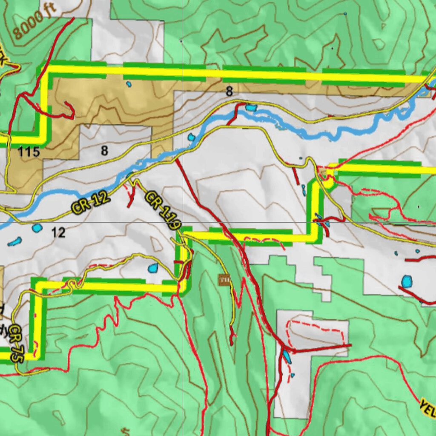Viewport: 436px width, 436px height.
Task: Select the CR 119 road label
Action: [163, 210]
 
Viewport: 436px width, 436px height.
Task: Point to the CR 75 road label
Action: [16, 344]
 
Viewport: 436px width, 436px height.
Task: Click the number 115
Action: [29, 152]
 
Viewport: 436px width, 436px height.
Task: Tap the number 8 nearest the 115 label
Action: [104, 150]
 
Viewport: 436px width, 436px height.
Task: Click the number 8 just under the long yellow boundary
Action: [229, 91]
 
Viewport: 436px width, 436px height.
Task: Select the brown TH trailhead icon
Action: [224, 280]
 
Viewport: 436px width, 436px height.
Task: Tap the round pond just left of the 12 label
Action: [37, 228]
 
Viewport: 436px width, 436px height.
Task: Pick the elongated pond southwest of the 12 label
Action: [14, 242]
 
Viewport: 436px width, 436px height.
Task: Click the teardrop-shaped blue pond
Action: [153, 268]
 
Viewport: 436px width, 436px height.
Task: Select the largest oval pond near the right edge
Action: [407, 281]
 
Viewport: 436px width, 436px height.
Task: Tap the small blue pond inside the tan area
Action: [129, 84]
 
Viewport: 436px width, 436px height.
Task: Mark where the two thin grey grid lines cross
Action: [183, 222]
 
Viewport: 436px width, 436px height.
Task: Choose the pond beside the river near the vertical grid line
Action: [191, 137]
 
